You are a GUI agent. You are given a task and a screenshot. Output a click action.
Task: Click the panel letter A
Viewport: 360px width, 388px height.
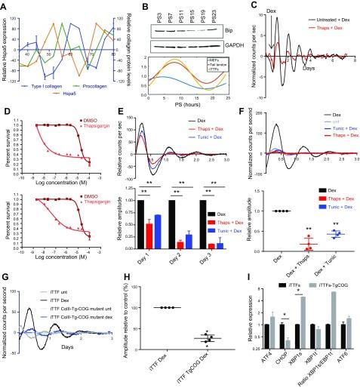(x=5, y=5)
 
